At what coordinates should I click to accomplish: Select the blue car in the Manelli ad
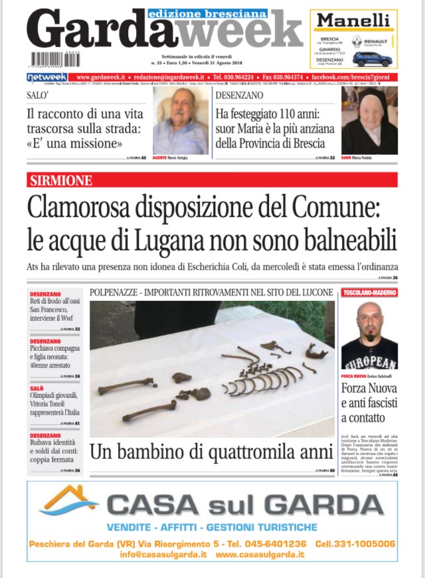coord(372,58)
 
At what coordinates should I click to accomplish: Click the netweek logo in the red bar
coord(46,77)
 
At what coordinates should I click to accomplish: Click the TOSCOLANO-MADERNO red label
coord(369,292)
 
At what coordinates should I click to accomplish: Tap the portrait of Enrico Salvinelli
coord(369,335)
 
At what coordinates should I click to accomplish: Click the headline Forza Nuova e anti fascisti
coord(369,403)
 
